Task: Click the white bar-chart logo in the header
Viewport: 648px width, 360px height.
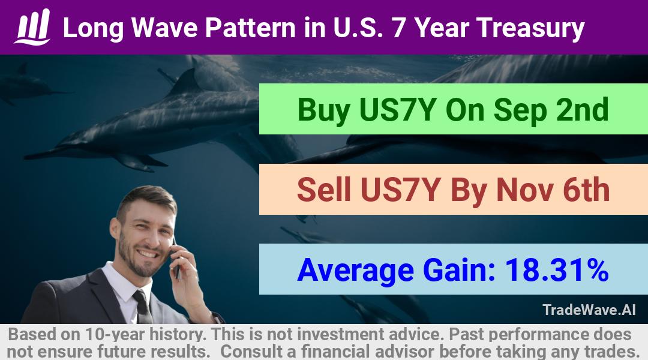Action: click(32, 26)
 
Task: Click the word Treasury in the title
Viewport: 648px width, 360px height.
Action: click(530, 29)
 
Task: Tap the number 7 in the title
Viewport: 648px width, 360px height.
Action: click(398, 28)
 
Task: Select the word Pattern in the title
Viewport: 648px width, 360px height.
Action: click(250, 28)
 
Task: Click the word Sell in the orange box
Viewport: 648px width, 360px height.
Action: click(324, 190)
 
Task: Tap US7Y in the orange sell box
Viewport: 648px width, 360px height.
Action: click(399, 190)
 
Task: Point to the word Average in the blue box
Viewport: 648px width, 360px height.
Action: click(355, 271)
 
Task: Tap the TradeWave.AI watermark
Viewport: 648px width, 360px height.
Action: click(589, 310)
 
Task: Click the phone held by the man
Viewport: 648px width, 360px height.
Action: click(176, 258)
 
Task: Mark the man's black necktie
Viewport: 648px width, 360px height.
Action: click(143, 307)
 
